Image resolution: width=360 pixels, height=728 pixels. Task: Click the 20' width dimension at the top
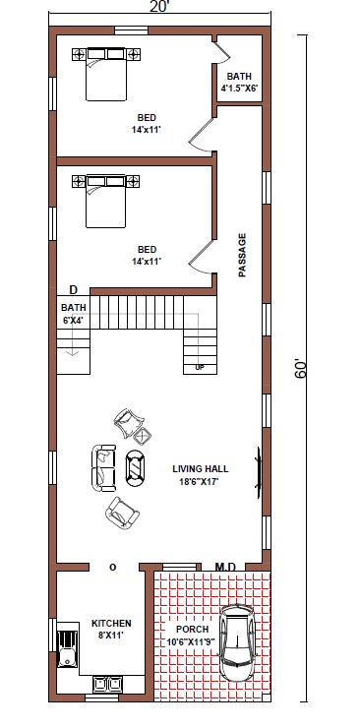point(159,7)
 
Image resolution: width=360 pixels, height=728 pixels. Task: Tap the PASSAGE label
point(242,256)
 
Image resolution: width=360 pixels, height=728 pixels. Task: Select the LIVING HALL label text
point(200,469)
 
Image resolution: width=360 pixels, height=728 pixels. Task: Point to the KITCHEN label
point(111,623)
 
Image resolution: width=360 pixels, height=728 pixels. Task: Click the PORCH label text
point(193,629)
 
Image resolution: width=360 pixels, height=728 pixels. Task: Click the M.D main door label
point(226,567)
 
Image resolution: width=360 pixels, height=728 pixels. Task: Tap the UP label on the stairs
point(200,368)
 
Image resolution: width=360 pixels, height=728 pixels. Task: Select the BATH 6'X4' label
point(74,314)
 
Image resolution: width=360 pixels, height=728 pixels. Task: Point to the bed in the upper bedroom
point(106,74)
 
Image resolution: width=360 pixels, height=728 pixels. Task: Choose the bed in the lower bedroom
point(106,201)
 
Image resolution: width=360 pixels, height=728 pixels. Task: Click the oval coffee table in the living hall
point(135,468)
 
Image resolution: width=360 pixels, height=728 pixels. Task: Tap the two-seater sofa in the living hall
point(103,467)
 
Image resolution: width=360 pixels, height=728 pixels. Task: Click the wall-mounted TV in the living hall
point(259,472)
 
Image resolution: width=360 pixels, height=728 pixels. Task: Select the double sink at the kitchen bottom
point(107,684)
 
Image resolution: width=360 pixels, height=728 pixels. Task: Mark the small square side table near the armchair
point(143,436)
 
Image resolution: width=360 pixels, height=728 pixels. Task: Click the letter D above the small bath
point(73,290)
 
